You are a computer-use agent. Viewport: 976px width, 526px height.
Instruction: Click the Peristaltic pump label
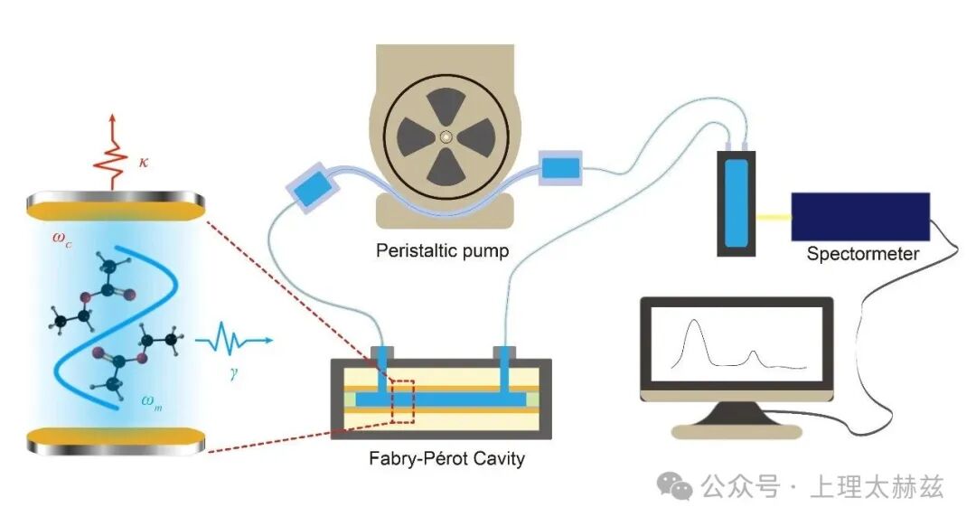click(x=442, y=250)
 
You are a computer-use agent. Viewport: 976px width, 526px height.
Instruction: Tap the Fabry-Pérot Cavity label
click(x=446, y=458)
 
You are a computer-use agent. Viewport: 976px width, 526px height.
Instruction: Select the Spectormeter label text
click(x=862, y=254)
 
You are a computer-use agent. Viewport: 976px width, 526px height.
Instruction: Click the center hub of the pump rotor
click(x=445, y=136)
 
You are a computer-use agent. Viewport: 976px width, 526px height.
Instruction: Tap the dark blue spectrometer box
click(x=859, y=216)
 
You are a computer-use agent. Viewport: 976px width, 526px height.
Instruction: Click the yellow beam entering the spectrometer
click(x=774, y=217)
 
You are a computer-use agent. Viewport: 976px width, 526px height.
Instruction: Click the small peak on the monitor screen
click(x=754, y=353)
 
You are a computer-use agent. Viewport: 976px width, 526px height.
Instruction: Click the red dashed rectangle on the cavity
click(x=402, y=401)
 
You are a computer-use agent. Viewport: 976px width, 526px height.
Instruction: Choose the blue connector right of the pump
click(x=561, y=166)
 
